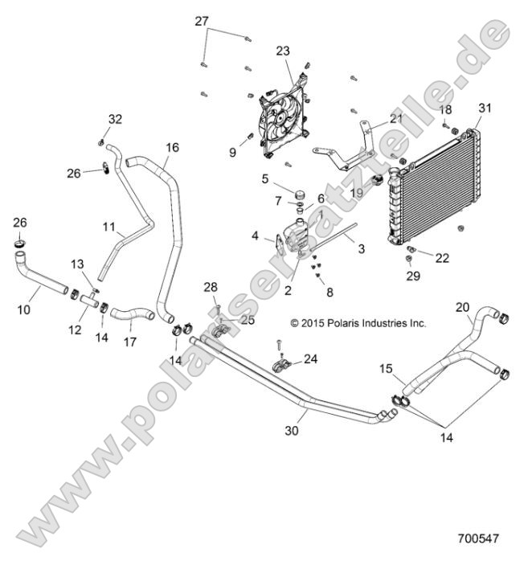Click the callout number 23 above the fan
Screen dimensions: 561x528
coord(282,51)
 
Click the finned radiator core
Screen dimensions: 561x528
coord(434,181)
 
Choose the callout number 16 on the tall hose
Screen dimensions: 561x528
coord(172,148)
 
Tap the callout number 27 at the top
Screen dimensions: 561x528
coord(201,22)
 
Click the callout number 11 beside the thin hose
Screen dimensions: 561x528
coord(109,227)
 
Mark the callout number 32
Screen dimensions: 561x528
coord(116,120)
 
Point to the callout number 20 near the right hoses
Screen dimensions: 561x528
coord(463,306)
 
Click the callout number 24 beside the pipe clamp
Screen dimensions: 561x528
coord(310,359)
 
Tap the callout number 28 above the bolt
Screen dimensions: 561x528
coord(210,287)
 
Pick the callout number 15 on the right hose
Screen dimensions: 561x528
coord(386,369)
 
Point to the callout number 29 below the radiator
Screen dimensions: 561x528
coord(412,276)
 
